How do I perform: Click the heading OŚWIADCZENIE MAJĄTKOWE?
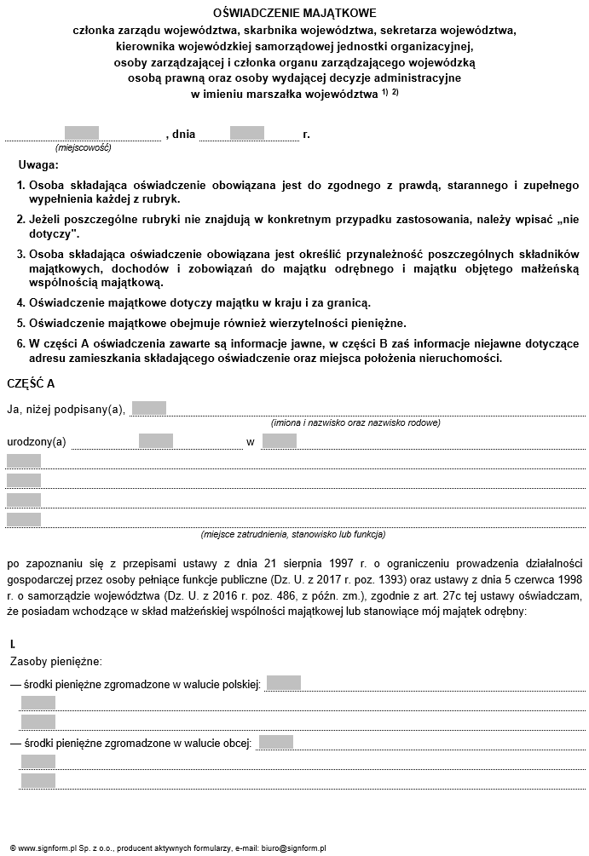[x=294, y=14]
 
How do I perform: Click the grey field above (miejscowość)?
[x=82, y=133]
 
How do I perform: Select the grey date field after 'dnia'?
[x=247, y=133]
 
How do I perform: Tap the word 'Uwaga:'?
[x=38, y=164]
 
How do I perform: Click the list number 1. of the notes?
[x=21, y=185]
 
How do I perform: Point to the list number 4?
[x=21, y=302]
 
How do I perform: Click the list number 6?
[x=21, y=343]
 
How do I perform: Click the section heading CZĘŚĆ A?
[x=31, y=383]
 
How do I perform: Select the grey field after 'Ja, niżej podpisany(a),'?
[x=149, y=408]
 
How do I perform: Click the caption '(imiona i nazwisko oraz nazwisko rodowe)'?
[x=355, y=422]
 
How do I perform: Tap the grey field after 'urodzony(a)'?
[x=156, y=441]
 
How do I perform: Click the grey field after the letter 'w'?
[x=280, y=441]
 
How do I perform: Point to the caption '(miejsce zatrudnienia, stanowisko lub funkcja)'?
[x=293, y=535]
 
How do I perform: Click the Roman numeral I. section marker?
[x=13, y=644]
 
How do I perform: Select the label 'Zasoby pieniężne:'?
[x=56, y=661]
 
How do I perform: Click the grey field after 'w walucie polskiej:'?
[x=284, y=683]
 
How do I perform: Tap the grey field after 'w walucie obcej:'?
[x=276, y=743]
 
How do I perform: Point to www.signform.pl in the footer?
[x=39, y=848]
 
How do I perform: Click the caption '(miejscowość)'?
[x=84, y=147]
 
